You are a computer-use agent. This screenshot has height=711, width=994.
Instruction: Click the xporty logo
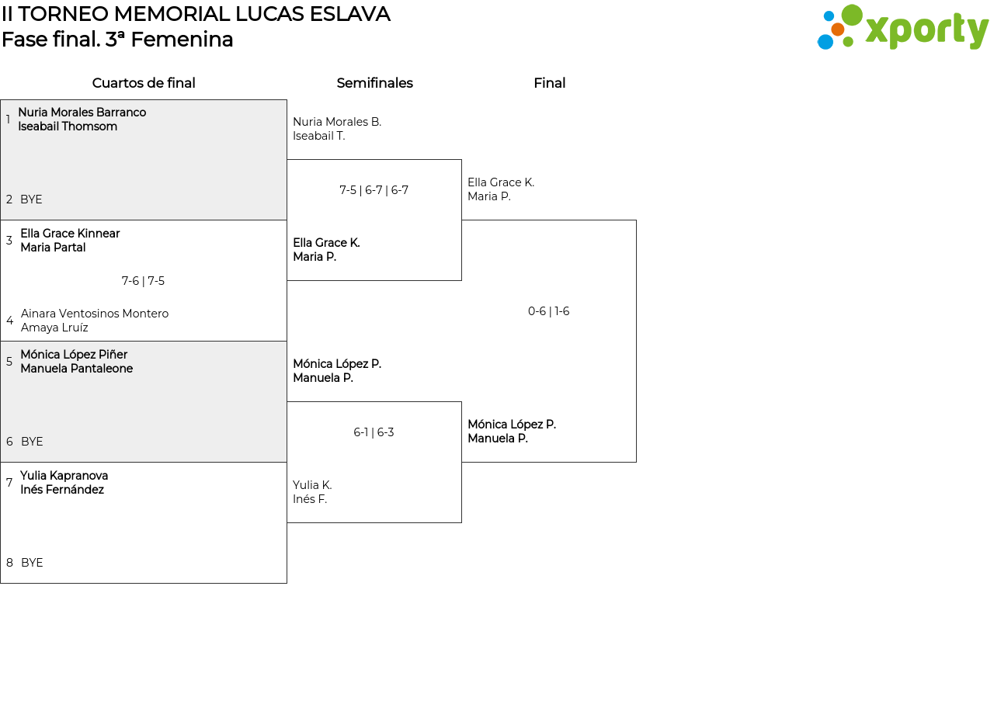902,28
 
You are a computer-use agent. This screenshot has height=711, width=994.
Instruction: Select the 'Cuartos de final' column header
144,83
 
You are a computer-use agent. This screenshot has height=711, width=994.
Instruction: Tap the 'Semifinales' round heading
374,83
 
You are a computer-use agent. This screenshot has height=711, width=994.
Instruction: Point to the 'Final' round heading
549,83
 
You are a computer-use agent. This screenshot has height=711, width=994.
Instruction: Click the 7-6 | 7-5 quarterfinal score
143,281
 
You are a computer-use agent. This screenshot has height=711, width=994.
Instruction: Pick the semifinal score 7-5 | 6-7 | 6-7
374,190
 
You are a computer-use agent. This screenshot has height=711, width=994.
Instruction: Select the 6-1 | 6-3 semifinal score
374,432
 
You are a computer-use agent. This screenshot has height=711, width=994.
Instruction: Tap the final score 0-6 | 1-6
548,311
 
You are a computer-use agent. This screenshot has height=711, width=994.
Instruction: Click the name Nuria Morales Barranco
82,113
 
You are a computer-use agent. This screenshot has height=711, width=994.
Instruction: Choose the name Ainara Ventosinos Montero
95,314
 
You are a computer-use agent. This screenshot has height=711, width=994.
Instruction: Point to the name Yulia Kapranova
64,476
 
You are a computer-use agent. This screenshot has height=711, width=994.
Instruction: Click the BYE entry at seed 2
31,199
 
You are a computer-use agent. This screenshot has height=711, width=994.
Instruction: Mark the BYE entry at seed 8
32,563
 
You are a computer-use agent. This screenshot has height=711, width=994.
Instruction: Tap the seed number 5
9,362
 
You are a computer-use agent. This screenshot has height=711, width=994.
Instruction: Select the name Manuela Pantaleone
76,369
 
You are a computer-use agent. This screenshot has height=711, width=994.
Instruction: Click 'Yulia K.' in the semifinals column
312,485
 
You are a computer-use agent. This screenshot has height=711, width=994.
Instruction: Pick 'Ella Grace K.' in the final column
501,182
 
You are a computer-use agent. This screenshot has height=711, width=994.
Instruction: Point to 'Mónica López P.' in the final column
512,425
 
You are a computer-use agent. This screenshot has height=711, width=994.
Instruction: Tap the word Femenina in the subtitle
182,40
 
